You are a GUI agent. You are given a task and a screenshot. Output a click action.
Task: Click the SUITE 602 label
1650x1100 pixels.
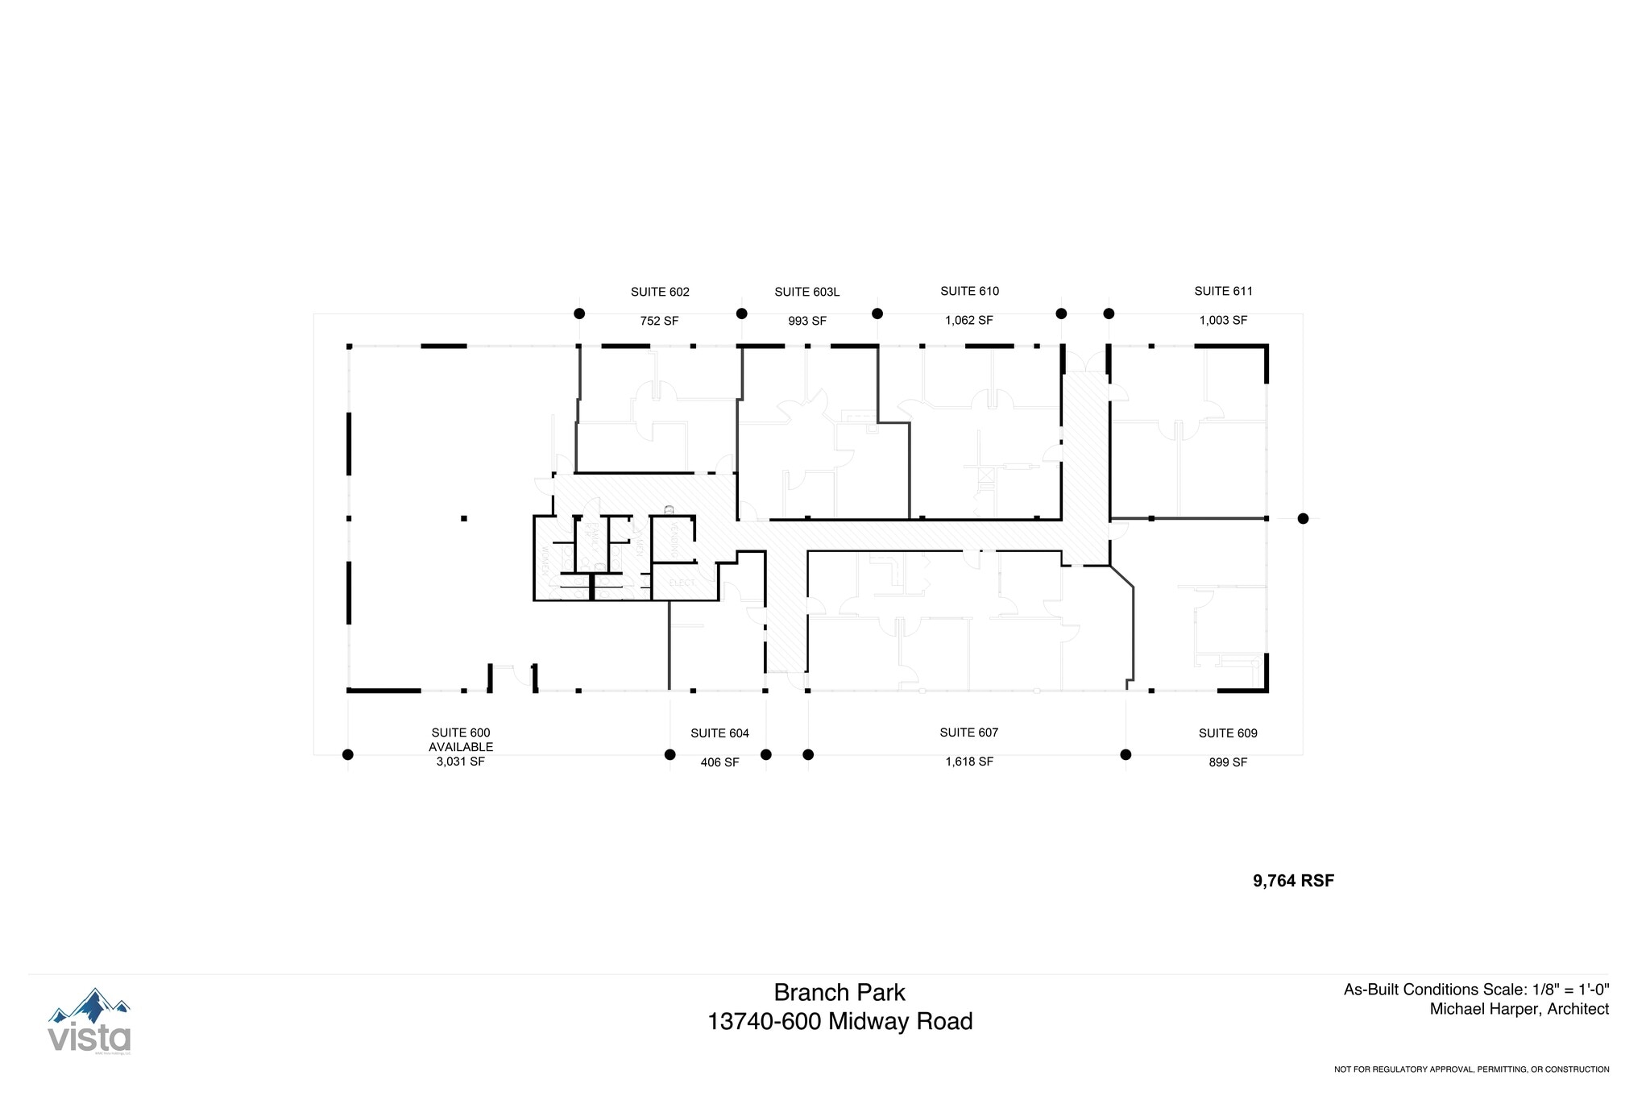659,292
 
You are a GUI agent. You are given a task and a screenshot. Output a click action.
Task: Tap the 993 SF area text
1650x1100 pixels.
806,321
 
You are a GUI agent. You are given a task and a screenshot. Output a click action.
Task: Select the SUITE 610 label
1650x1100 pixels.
969,291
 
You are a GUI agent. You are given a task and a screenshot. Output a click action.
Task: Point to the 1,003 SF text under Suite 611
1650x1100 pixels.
1222,320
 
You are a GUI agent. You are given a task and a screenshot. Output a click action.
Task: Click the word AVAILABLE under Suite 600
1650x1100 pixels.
460,747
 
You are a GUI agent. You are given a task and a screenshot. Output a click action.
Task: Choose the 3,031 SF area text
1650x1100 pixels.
460,762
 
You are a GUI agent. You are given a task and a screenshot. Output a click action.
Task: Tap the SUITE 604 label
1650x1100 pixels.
719,733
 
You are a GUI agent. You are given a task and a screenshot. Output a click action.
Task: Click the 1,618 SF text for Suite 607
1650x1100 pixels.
968,762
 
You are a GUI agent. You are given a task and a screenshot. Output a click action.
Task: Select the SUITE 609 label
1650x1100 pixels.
1227,733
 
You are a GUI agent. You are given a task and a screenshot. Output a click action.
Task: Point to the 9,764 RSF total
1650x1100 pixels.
1293,881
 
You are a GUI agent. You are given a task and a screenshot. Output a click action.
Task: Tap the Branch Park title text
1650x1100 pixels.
840,992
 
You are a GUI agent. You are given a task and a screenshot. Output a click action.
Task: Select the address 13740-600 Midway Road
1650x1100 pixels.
840,1022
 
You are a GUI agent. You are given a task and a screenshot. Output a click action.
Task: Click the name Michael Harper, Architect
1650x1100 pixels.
1519,1009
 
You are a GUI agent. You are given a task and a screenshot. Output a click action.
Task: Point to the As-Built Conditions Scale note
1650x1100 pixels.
1475,990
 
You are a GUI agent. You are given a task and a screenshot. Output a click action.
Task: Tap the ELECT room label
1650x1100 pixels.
682,583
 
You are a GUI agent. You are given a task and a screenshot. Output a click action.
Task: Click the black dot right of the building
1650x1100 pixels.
1303,519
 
